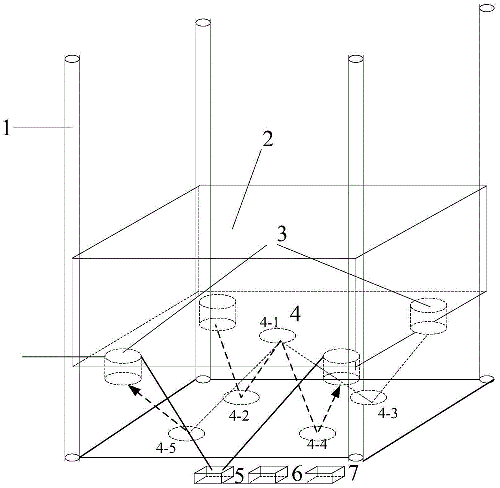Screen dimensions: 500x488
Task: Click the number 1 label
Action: pyautogui.click(x=6, y=128)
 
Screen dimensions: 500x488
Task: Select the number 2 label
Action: pyautogui.click(x=268, y=139)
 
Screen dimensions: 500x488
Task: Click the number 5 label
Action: pyautogui.click(x=239, y=475)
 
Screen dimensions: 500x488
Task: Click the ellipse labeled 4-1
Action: pyautogui.click(x=277, y=336)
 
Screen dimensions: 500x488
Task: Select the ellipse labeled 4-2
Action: pyautogui.click(x=241, y=397)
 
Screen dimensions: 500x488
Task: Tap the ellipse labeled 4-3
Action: pyautogui.click(x=368, y=397)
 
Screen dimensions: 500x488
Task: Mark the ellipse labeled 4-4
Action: pyautogui.click(x=317, y=433)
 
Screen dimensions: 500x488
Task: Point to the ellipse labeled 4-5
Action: pyautogui.click(x=186, y=433)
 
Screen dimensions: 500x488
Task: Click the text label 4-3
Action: pyautogui.click(x=388, y=414)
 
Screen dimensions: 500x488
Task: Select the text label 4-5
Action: pyautogui.click(x=166, y=448)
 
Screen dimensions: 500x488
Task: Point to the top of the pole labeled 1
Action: pyautogui.click(x=72, y=59)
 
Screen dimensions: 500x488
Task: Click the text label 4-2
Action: pyautogui.click(x=239, y=416)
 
